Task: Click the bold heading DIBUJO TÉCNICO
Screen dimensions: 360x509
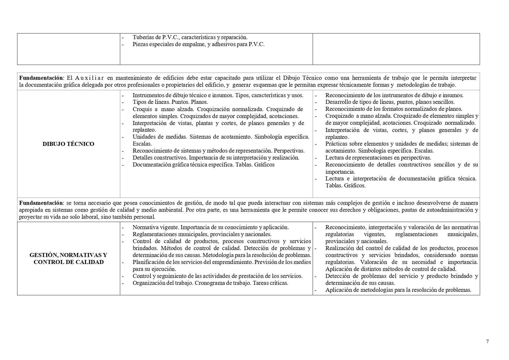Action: click(68, 144)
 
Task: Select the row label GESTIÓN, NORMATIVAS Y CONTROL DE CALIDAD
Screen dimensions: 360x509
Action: click(68, 258)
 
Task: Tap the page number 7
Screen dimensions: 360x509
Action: click(487, 341)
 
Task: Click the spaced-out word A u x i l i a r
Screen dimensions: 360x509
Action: click(89, 78)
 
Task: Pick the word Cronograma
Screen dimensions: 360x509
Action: click(208, 283)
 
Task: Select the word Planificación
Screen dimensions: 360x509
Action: click(148, 262)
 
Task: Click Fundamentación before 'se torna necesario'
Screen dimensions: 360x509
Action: click(41, 203)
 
